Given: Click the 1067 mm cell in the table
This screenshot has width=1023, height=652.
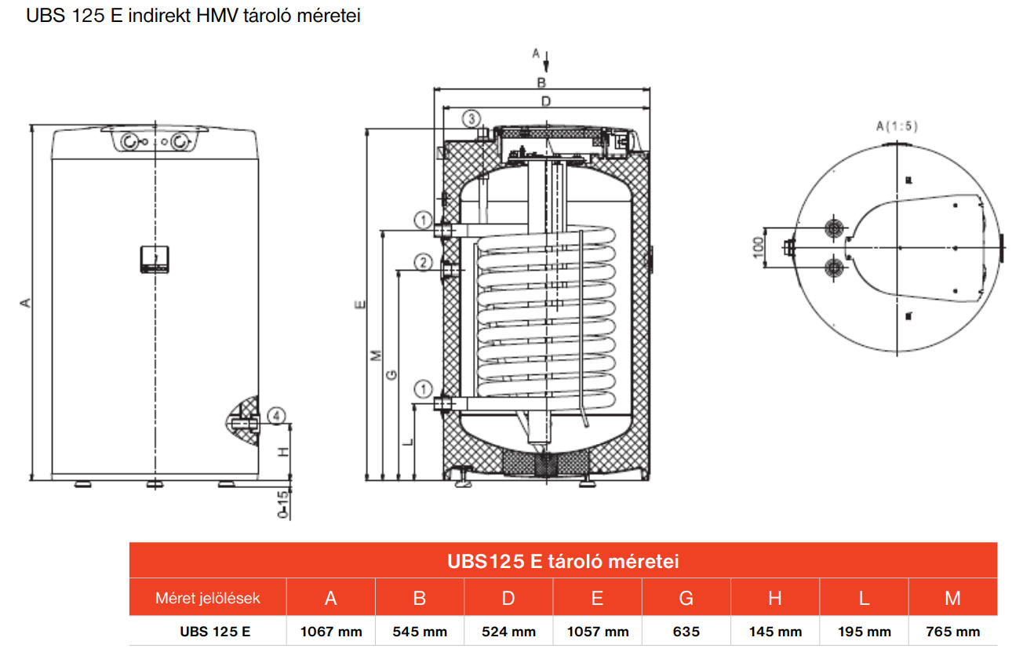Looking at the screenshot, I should coord(330,632).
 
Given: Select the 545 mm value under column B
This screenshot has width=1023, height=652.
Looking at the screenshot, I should coord(420,632).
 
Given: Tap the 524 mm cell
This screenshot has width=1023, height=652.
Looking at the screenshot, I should coord(508,632).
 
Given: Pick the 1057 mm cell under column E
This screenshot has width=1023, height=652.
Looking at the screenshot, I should coord(597,632).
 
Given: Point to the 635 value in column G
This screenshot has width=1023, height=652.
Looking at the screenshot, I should coord(686,632).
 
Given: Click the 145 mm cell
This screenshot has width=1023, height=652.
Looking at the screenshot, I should coord(775,632).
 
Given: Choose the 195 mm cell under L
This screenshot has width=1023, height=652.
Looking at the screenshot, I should coord(864,632).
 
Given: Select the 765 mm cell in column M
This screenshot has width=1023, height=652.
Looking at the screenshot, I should coord(952,632).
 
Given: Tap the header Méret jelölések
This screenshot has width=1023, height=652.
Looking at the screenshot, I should coord(208,599).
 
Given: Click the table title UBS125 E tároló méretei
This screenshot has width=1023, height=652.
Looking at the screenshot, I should coord(562,562).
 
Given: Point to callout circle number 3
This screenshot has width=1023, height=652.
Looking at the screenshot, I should coord(470,119).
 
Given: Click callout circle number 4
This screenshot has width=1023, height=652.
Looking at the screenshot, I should coord(275,416).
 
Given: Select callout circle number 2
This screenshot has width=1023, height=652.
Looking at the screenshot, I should coord(423,263).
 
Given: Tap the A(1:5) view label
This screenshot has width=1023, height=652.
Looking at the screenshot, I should coord(897,126).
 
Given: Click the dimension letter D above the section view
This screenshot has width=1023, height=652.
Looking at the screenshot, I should coord(546,100).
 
